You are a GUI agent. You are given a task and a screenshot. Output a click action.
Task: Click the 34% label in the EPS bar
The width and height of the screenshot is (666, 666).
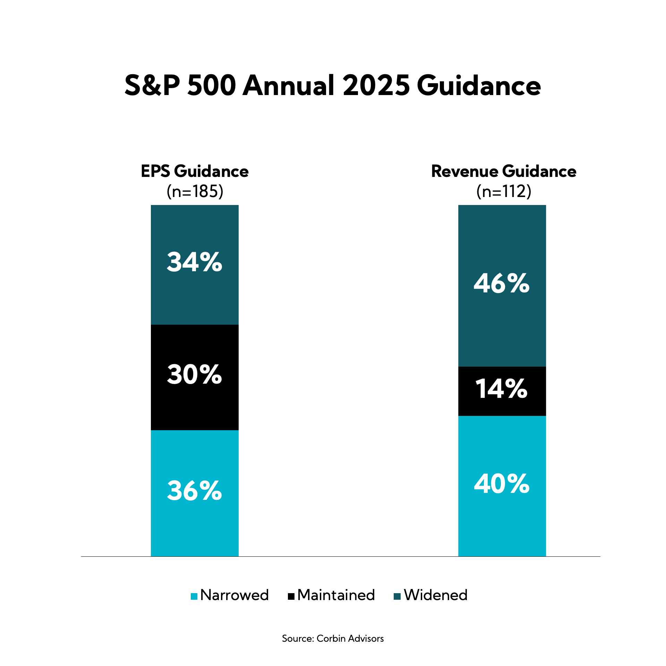tap(194, 262)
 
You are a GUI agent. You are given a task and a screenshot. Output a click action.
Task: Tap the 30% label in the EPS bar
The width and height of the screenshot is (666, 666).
tap(194, 375)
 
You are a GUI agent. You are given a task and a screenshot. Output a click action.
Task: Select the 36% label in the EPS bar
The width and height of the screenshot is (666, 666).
tap(194, 491)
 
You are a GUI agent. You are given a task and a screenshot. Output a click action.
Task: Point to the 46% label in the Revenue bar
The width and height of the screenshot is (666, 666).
tap(502, 284)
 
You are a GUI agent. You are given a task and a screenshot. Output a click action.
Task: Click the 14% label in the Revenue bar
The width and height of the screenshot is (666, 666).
tap(502, 389)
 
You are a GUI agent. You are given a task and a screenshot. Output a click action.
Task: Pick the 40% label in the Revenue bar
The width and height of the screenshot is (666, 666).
tap(502, 484)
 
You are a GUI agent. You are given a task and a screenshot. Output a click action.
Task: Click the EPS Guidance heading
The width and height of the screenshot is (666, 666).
tap(195, 171)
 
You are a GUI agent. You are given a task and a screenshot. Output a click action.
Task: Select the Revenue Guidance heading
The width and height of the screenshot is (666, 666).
tap(504, 171)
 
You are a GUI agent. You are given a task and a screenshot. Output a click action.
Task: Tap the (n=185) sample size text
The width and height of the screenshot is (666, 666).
tap(195, 191)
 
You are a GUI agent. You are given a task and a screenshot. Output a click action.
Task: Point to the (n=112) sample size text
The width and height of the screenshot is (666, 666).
tap(504, 191)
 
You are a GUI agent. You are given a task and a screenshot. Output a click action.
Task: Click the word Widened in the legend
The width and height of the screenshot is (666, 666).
tap(436, 595)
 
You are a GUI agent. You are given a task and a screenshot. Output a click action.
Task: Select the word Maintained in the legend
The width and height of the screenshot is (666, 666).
tap(336, 595)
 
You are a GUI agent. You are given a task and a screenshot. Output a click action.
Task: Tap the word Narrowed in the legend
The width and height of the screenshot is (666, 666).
tap(234, 595)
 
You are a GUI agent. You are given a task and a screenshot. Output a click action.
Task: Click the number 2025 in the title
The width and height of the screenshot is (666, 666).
tap(376, 85)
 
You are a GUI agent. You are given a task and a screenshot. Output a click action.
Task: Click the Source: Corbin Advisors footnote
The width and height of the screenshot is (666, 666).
tap(333, 639)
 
